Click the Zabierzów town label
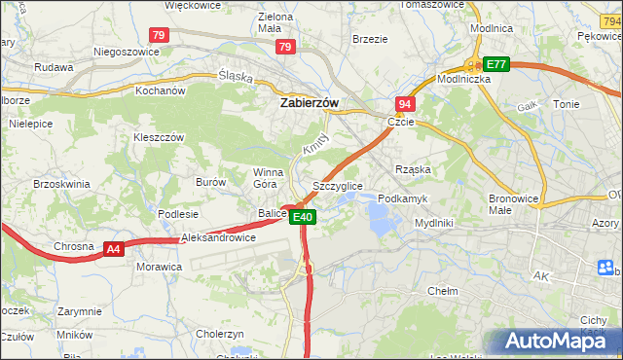pyautogui.click(x=309, y=100)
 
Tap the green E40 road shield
pyautogui.click(x=303, y=217)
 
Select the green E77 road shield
pyautogui.click(x=496, y=64)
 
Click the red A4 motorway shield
pyautogui.click(x=114, y=249)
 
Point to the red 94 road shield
pyautogui.click(x=405, y=103)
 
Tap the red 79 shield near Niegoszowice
pyautogui.click(x=161, y=35)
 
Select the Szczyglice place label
pyautogui.click(x=338, y=185)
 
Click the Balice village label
pyautogui.click(x=273, y=212)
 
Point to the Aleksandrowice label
pyautogui.click(x=219, y=236)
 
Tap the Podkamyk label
pyautogui.click(x=403, y=198)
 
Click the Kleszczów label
pyautogui.click(x=159, y=137)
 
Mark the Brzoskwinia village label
pyautogui.click(x=61, y=183)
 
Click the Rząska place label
pyautogui.click(x=413, y=169)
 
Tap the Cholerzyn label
pyautogui.click(x=219, y=333)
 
